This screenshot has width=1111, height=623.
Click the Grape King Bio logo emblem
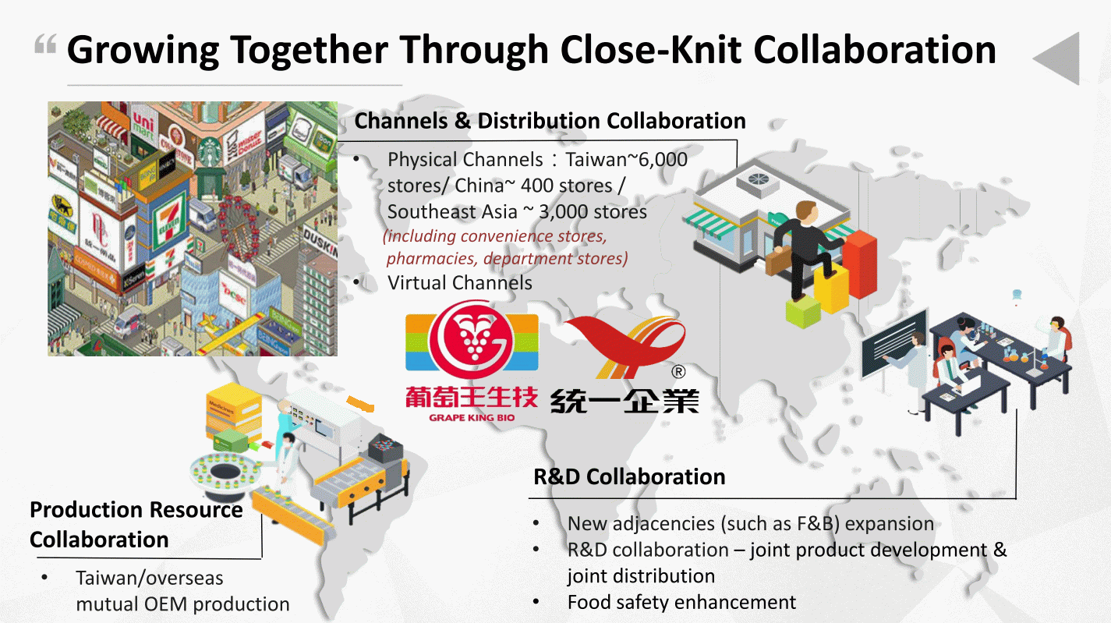[x=472, y=340]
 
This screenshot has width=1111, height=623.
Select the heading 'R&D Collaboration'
[x=629, y=476]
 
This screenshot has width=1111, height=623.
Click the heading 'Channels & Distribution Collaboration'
[x=550, y=121]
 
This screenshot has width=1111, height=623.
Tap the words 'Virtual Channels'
[x=460, y=282]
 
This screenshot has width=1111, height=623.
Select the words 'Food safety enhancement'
[x=681, y=603]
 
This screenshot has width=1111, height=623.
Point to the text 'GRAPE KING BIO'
[x=472, y=418]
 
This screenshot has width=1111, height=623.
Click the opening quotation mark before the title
[x=45, y=44]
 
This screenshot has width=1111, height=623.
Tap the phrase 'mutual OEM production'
[x=182, y=604]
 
